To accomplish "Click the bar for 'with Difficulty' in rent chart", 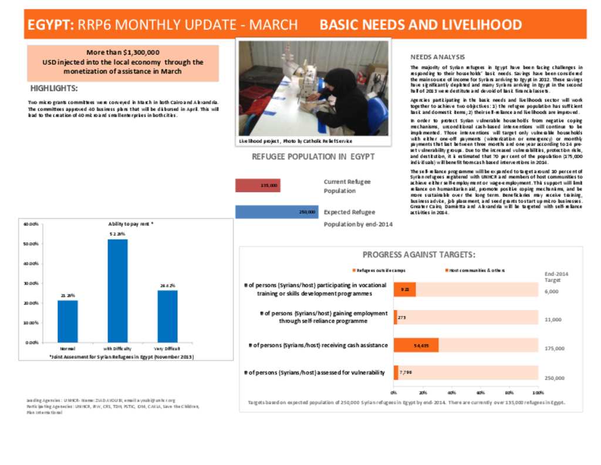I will (x=117, y=290).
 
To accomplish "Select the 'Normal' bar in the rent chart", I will (x=67, y=321).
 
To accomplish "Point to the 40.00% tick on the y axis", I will (x=31, y=263).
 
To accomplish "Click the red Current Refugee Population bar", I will (x=258, y=186).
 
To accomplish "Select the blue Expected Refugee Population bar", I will (x=276, y=212).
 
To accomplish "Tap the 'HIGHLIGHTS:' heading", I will (x=53, y=89).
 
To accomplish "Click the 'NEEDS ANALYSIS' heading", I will (x=437, y=57).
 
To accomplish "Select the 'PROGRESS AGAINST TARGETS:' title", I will (x=418, y=255).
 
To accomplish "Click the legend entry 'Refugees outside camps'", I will (x=381, y=270).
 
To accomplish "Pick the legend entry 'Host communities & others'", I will (x=477, y=270).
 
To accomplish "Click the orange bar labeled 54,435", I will (x=416, y=345).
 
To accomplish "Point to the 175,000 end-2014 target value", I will (x=555, y=349).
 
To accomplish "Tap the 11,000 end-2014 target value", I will (x=553, y=320).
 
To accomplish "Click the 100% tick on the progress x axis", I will (x=538, y=392).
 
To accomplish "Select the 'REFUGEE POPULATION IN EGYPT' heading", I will (x=313, y=157).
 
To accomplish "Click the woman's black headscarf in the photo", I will (x=337, y=78).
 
